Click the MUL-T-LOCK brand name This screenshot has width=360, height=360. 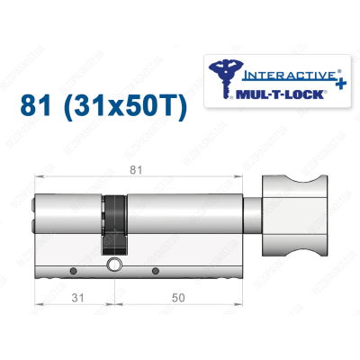click(275, 91)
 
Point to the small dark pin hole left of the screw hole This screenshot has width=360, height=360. click(70, 269)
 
